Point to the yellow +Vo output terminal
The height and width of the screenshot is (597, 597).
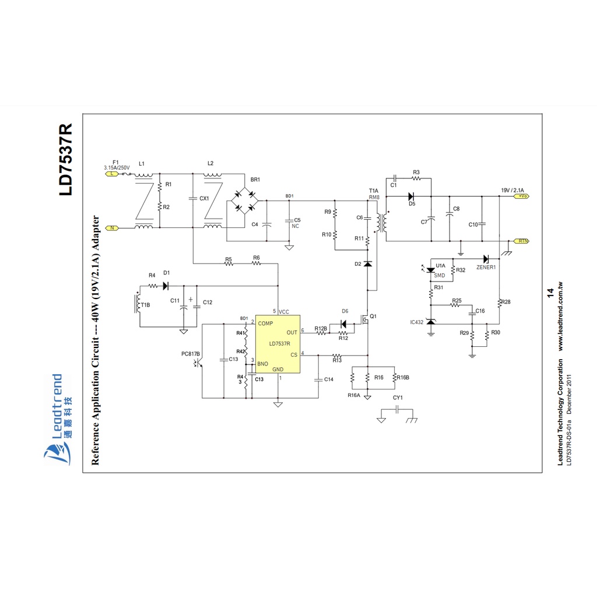click(521, 196)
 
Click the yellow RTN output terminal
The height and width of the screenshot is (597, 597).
click(522, 240)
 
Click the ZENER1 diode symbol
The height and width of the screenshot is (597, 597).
click(486, 259)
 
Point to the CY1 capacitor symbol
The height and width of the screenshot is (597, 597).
click(397, 410)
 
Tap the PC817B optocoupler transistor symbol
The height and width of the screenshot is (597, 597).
click(198, 363)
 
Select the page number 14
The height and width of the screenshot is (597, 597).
click(549, 293)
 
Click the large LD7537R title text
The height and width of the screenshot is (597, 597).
click(65, 160)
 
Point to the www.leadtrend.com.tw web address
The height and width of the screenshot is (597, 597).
click(560, 317)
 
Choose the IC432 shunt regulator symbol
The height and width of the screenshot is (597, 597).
click(431, 322)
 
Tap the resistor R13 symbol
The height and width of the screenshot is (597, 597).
click(337, 355)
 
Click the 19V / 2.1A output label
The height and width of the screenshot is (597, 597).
click(512, 191)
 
